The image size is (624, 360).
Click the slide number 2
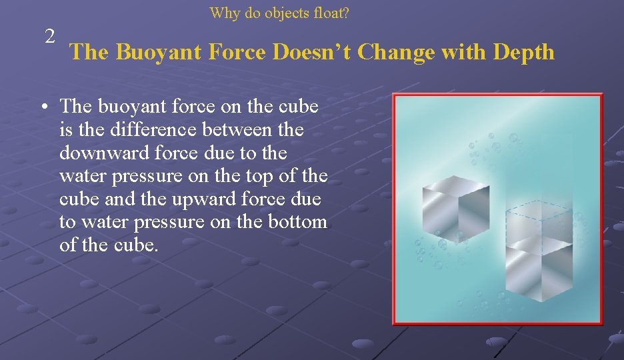pyautogui.click(x=50, y=37)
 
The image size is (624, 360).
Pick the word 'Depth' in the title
pyautogui.click(x=523, y=52)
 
